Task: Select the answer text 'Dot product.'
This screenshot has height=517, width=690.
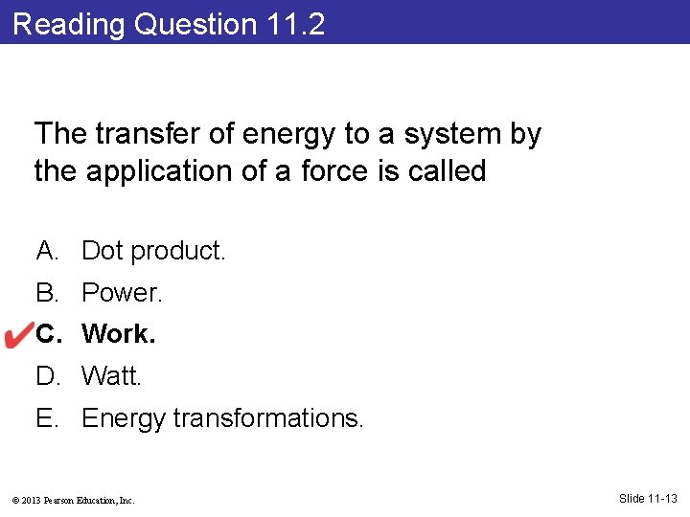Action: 153,251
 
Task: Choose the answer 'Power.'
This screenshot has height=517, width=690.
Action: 123,293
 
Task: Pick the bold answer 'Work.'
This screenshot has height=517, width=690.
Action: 118,334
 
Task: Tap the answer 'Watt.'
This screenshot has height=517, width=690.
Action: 111,376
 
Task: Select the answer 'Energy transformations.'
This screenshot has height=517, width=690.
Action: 222,418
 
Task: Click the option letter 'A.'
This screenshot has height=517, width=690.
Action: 48,251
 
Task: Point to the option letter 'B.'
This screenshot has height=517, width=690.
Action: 48,293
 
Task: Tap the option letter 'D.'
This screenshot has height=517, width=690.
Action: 48,376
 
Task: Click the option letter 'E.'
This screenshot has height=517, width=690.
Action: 48,418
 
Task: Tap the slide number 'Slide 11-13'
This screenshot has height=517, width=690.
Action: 648,498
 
